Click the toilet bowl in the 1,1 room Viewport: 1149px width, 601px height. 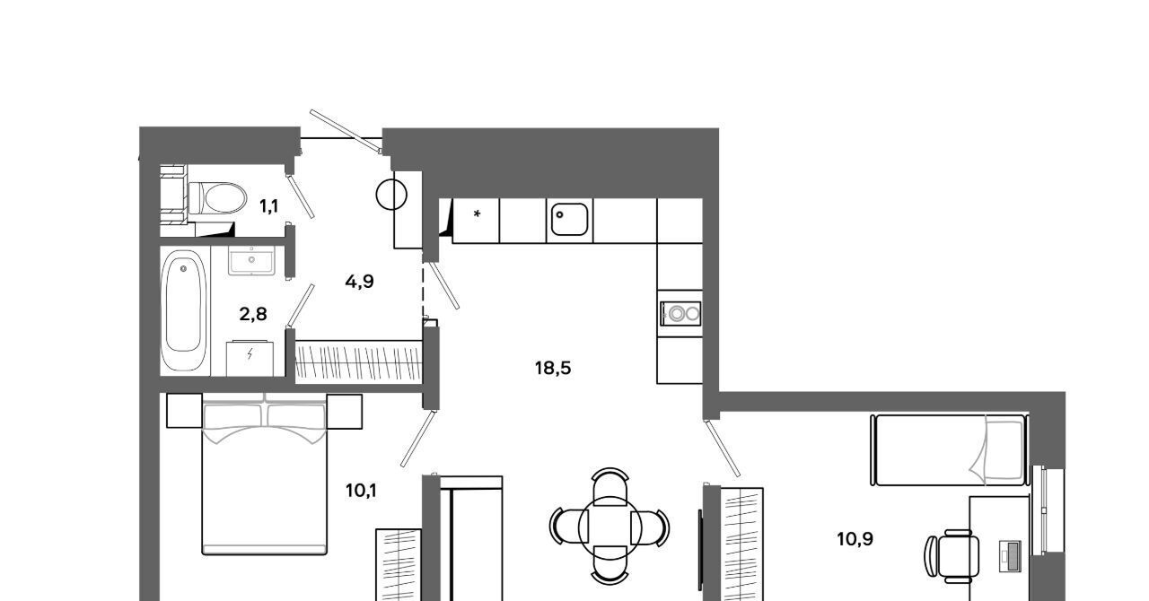click(x=217, y=198)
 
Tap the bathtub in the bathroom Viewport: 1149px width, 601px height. click(x=183, y=310)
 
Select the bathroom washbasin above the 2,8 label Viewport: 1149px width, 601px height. click(x=251, y=260)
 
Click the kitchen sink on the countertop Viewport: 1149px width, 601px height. click(x=569, y=220)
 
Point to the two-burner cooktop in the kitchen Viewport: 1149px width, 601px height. click(x=680, y=313)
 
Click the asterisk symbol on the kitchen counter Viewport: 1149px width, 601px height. click(x=477, y=213)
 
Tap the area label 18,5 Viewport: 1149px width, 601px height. click(x=553, y=368)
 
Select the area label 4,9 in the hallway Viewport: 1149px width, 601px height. click(x=360, y=282)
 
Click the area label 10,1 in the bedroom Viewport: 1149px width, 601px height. click(x=361, y=491)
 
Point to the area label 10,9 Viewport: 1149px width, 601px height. click(x=855, y=539)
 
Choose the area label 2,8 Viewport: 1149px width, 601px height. click(x=253, y=314)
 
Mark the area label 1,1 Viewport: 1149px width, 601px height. click(x=268, y=206)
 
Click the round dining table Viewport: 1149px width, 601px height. click(x=610, y=527)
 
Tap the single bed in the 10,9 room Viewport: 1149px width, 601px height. click(x=950, y=450)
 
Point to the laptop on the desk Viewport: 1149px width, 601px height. click(x=1010, y=556)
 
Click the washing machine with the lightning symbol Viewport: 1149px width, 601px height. click(x=250, y=358)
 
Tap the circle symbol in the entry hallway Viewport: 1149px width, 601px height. click(x=391, y=195)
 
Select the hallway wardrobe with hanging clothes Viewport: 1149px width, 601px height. click(x=358, y=361)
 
